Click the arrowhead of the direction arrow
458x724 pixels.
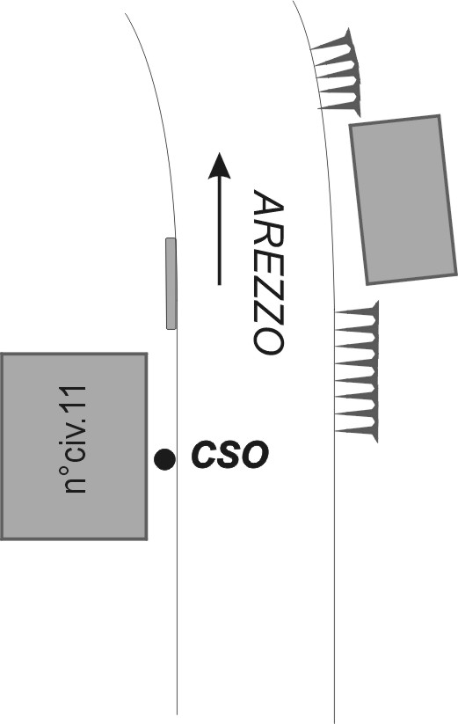(219, 165)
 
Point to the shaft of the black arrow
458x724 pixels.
(219, 230)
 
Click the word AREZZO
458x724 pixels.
(268, 273)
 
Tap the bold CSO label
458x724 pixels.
(229, 455)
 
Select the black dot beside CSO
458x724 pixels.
(164, 459)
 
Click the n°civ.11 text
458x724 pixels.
(76, 439)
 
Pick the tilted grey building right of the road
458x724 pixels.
(404, 199)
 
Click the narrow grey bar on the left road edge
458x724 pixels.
(171, 283)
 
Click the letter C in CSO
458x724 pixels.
(204, 455)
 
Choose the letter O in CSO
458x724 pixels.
(255, 455)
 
